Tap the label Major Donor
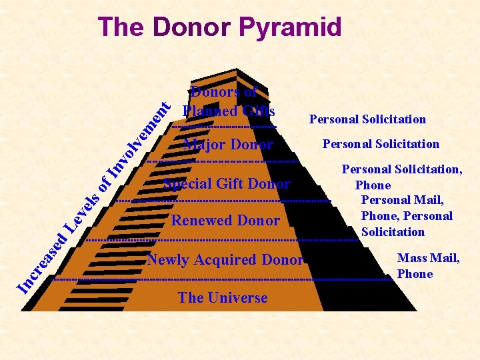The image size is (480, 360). click(228, 145)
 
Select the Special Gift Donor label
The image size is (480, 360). click(227, 184)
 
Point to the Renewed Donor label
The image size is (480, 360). click(225, 220)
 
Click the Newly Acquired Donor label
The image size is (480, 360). click(225, 260)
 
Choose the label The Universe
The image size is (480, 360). click(223, 298)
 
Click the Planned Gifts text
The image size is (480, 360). click(229, 110)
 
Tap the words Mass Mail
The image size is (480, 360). click(428, 258)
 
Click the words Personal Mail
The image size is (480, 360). click(402, 200)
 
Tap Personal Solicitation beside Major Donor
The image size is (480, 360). click(381, 144)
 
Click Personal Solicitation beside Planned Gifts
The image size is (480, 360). click(367, 119)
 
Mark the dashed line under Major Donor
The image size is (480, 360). click(223, 162)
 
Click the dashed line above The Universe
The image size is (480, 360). click(223, 280)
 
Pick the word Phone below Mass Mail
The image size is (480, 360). click(415, 274)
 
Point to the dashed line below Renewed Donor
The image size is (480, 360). click(223, 240)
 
